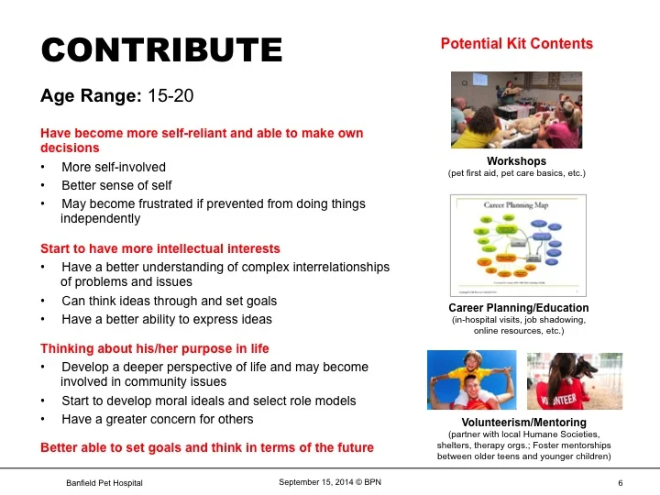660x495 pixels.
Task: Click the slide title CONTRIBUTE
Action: (x=161, y=49)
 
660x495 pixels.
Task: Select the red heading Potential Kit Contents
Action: (x=516, y=44)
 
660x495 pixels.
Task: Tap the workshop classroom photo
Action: (x=516, y=109)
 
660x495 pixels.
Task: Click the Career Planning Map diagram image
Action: (x=516, y=244)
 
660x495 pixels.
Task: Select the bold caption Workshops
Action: (x=516, y=161)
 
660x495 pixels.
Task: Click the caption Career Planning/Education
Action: (x=518, y=308)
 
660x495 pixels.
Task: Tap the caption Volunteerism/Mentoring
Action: (x=518, y=423)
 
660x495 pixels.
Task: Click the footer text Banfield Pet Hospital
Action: (x=104, y=482)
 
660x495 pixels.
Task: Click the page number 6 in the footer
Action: (x=621, y=482)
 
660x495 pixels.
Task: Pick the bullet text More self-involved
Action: (x=114, y=168)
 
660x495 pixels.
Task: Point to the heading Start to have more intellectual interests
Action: (x=160, y=248)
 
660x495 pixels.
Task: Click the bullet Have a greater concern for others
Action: (x=158, y=419)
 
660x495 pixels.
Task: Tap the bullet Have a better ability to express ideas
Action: (x=167, y=319)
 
